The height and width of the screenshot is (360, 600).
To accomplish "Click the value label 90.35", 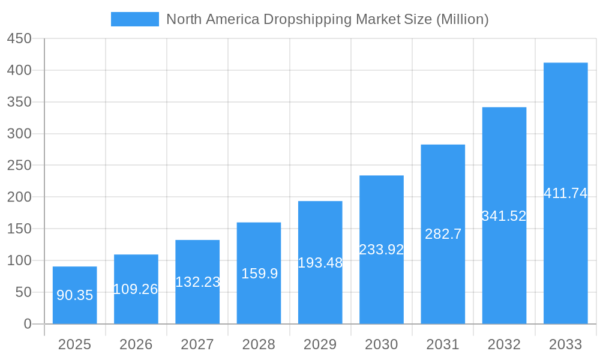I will click(x=74, y=295).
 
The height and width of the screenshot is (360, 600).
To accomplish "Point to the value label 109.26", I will click(x=136, y=289).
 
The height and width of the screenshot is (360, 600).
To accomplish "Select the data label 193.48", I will click(x=320, y=263).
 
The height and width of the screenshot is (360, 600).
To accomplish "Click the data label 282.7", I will click(x=443, y=235).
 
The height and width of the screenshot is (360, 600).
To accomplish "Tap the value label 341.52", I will click(x=504, y=216).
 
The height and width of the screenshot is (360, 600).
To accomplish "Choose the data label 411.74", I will click(x=565, y=193).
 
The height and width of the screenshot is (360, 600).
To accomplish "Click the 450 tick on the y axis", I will click(x=19, y=38).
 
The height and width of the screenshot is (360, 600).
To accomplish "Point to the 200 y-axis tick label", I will click(x=19, y=197).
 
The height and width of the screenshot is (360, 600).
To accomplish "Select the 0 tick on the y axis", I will click(x=27, y=324).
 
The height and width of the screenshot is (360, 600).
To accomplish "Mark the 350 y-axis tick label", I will click(x=19, y=102).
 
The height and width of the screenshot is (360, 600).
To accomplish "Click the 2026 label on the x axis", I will click(x=136, y=344).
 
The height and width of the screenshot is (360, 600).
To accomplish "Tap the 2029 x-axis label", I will click(x=320, y=344).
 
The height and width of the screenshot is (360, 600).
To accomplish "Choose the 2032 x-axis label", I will click(x=504, y=344).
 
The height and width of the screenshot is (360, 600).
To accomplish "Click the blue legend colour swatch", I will click(x=135, y=19).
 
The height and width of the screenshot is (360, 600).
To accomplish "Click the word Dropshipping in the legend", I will click(x=307, y=19).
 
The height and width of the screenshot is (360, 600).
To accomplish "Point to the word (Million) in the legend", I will click(x=462, y=19).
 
